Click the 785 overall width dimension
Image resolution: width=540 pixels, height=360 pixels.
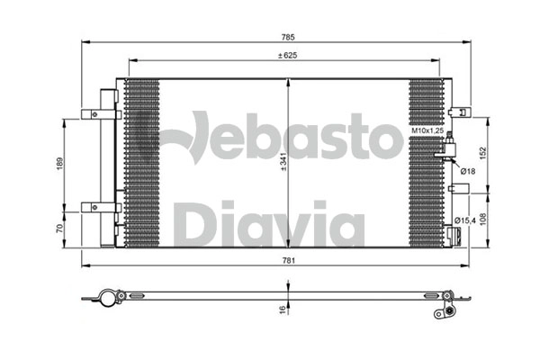(289, 37)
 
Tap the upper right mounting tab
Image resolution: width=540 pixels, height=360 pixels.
(463, 112)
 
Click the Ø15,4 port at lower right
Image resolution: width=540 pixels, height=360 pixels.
(455, 236)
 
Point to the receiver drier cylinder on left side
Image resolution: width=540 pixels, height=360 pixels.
(106, 162)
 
